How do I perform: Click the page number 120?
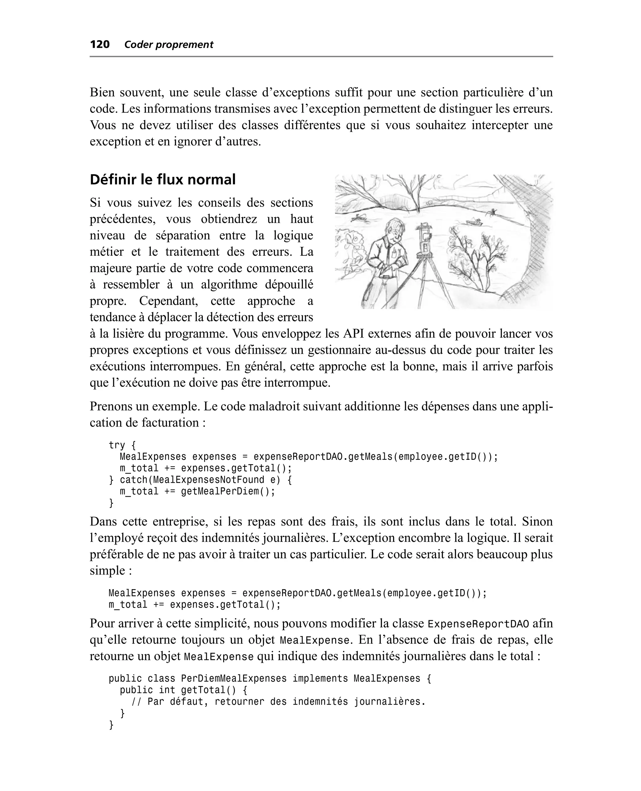[x=100, y=45]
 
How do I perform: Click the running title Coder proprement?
[x=168, y=45]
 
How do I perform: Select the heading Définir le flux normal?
[x=162, y=180]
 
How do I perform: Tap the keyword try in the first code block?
[x=117, y=445]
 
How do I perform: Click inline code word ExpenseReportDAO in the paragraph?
[x=478, y=624]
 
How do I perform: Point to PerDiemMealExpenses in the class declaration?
[x=233, y=678]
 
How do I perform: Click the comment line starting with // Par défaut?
[x=279, y=702]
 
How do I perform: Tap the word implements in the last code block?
[x=320, y=678]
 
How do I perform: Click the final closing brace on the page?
[x=111, y=725]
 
